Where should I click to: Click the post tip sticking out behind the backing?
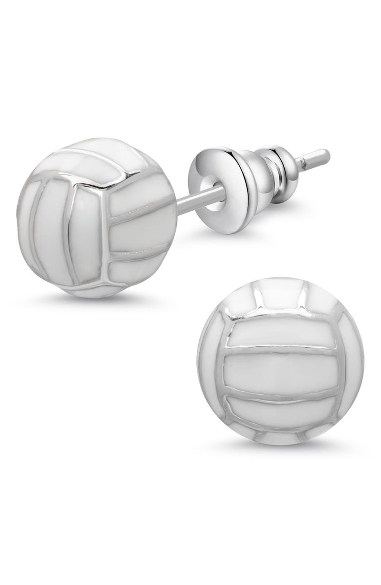[x=317, y=157]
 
